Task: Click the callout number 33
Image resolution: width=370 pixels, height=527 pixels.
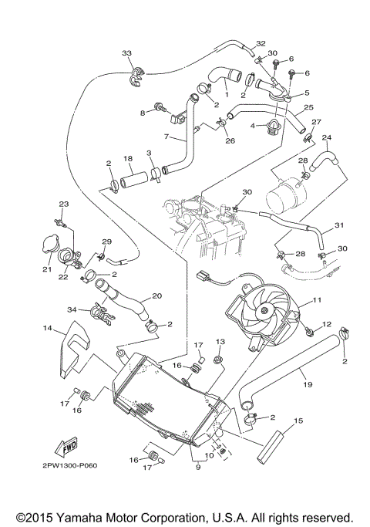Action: pyautogui.click(x=126, y=52)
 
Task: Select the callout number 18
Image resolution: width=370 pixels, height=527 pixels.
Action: pyautogui.click(x=128, y=157)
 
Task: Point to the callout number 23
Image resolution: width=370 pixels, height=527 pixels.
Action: pyautogui.click(x=64, y=203)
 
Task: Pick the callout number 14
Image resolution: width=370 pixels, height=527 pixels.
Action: pyautogui.click(x=48, y=328)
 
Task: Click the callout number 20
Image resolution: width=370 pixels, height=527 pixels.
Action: pyautogui.click(x=156, y=296)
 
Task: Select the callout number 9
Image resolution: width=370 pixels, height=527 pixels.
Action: pyautogui.click(x=198, y=467)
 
